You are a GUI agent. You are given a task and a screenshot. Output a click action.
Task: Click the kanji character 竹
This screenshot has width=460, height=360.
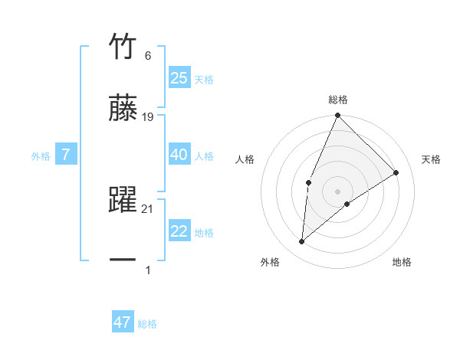click(x=123, y=47)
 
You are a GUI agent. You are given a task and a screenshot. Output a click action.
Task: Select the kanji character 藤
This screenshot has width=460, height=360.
click(x=123, y=108)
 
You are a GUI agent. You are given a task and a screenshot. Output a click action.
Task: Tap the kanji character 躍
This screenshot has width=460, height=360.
click(x=123, y=200)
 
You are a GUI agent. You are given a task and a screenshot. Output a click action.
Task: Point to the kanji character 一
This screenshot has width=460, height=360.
click(x=123, y=260)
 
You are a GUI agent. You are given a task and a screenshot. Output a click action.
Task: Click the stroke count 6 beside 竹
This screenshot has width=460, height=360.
click(x=147, y=56)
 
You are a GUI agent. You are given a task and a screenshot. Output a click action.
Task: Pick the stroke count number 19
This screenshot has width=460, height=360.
click(x=148, y=117)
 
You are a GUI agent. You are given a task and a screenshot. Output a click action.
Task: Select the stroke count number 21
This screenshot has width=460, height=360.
click(x=148, y=209)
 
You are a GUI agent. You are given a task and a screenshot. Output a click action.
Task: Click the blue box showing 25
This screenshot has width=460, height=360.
click(x=179, y=78)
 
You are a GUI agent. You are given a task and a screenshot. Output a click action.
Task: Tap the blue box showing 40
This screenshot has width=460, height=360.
click(x=179, y=155)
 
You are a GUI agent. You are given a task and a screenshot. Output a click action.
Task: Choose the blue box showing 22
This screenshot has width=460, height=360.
click(x=179, y=231)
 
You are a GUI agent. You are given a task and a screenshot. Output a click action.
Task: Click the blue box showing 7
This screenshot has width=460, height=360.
click(x=66, y=155)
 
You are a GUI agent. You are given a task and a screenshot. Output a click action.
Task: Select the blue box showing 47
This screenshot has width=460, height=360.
click(x=123, y=322)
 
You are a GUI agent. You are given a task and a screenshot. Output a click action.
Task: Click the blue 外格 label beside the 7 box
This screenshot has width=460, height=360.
click(x=41, y=155)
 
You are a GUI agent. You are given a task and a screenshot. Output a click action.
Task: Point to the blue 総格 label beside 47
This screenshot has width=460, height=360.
click(x=147, y=324)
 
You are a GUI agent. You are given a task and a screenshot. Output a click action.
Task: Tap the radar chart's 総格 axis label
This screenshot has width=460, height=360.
click(x=337, y=100)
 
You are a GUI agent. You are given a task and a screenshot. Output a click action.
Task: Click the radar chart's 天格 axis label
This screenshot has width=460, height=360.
click(x=431, y=159)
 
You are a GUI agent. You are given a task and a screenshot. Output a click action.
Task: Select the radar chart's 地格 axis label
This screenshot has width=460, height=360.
click(x=402, y=262)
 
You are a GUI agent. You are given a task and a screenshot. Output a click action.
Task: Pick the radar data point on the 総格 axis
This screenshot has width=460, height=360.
click(x=337, y=116)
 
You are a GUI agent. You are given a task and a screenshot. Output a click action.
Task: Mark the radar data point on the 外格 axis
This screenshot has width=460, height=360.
click(x=302, y=242)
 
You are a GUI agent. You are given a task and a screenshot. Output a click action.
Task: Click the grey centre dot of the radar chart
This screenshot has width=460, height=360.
click(x=337, y=191)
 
